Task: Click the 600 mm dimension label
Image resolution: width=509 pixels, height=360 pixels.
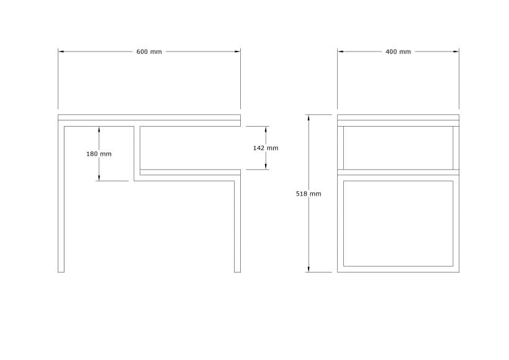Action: tap(149, 52)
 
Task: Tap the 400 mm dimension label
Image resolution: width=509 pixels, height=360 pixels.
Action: tap(398, 52)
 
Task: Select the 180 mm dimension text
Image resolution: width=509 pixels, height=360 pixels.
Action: tap(99, 154)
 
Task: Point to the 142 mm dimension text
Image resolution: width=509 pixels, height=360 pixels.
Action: tap(266, 148)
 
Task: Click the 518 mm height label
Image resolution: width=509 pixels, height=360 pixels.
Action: tap(309, 194)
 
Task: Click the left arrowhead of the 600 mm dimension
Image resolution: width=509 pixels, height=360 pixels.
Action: tap(61, 52)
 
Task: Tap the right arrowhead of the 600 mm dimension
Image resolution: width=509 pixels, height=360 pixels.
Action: tap(238, 52)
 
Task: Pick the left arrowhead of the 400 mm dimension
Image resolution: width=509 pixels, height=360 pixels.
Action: tap(340, 52)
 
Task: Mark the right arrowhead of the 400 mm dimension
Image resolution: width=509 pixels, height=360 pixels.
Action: tap(456, 52)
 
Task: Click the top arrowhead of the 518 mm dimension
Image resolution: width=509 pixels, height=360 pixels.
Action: tap(309, 117)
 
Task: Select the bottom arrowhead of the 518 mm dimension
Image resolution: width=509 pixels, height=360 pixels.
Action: tap(309, 269)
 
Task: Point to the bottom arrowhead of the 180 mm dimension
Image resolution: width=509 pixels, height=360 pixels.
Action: tap(99, 178)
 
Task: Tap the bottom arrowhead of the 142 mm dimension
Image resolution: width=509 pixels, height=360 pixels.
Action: tap(266, 166)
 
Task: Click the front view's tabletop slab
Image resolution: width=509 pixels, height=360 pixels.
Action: tap(149, 117)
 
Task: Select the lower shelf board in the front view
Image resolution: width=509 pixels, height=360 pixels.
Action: tap(190, 172)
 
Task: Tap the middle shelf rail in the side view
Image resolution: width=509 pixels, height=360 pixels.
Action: tap(398, 172)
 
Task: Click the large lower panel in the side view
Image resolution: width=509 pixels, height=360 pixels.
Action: tap(398, 223)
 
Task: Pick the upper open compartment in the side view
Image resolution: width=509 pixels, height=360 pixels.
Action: tap(398, 148)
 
